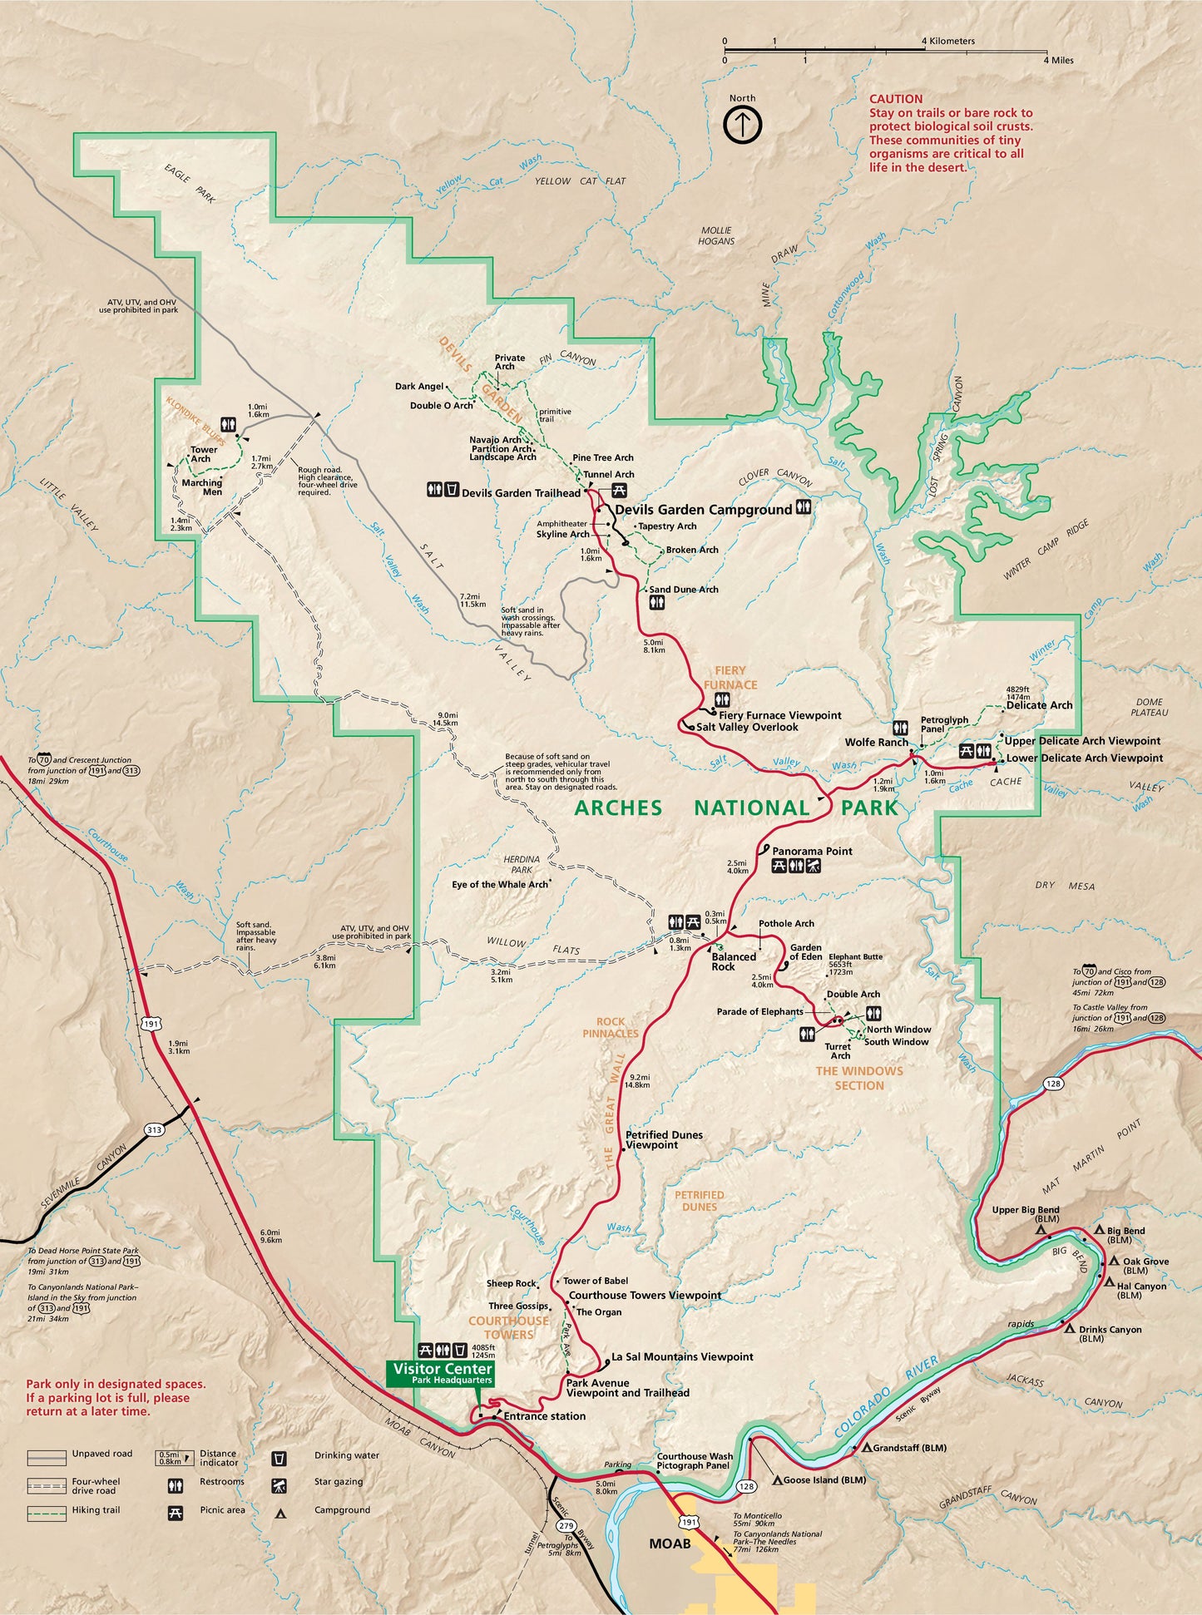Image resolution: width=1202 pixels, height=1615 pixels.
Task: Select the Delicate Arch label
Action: (x=1039, y=705)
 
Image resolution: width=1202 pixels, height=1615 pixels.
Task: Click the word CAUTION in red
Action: (x=896, y=99)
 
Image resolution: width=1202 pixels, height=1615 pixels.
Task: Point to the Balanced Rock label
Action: (x=734, y=961)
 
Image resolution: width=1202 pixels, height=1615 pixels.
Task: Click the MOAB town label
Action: (x=670, y=1543)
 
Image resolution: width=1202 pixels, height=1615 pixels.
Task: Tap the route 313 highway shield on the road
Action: (x=153, y=1129)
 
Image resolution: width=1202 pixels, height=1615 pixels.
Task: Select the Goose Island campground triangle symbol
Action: (x=777, y=1480)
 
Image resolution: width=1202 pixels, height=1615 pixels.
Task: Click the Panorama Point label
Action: (x=812, y=851)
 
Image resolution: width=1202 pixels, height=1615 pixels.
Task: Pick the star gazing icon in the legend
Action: (x=279, y=1485)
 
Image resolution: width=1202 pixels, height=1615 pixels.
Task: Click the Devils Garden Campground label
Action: (x=703, y=510)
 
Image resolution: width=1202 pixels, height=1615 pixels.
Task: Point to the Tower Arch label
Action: (x=203, y=454)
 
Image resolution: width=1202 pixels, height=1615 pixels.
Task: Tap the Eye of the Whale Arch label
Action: (x=500, y=884)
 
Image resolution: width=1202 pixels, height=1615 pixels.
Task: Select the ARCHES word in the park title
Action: (x=618, y=808)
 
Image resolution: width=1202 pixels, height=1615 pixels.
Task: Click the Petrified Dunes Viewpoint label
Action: (x=664, y=1139)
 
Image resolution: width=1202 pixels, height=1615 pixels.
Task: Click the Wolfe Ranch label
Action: (x=876, y=743)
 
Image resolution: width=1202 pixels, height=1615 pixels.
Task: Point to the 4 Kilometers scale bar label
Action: (x=952, y=41)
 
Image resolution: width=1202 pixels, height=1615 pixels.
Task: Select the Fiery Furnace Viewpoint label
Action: (x=779, y=715)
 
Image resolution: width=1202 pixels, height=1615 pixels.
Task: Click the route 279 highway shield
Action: (x=566, y=1526)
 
